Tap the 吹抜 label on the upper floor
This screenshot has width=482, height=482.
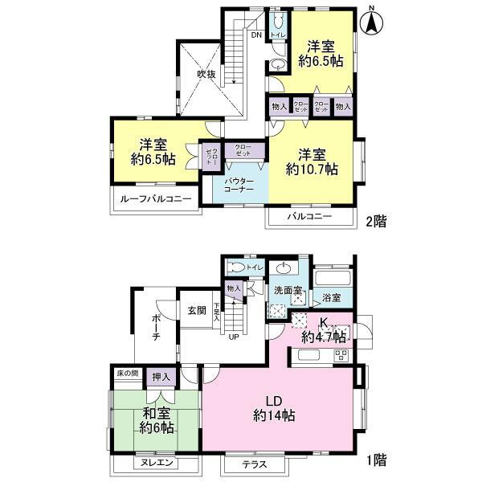click(x=206, y=75)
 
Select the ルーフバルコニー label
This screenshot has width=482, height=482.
click(x=156, y=198)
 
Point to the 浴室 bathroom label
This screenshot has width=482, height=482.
click(x=331, y=297)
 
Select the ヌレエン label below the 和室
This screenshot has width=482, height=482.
click(x=157, y=464)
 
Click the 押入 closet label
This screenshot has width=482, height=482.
click(x=161, y=376)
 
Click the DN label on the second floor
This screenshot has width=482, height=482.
click(x=256, y=36)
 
